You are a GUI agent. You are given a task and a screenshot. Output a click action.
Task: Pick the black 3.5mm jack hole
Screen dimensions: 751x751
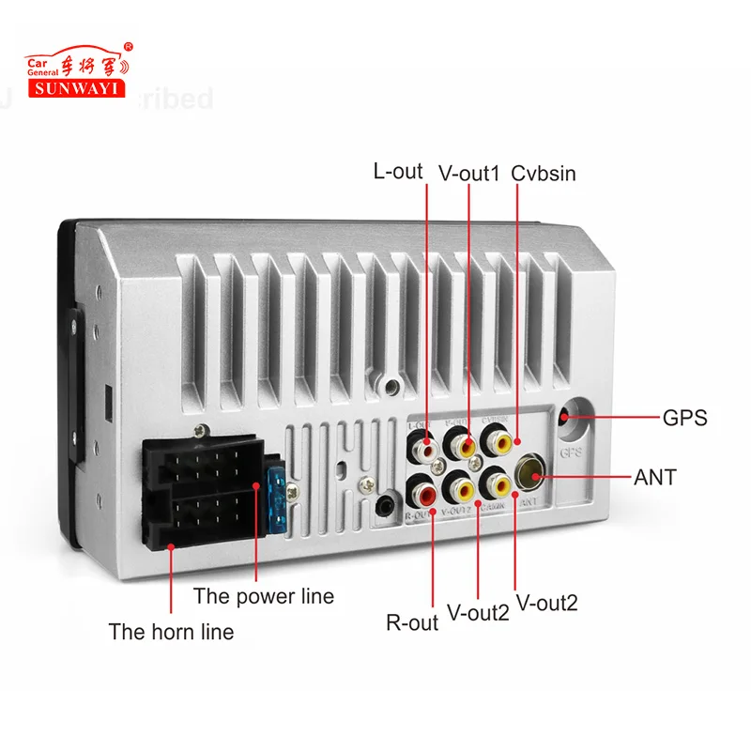pos(383,507)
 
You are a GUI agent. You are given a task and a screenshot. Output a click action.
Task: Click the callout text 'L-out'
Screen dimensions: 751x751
pos(398,171)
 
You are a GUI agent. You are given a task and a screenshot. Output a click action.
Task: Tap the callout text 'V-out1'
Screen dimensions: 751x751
pos(468,173)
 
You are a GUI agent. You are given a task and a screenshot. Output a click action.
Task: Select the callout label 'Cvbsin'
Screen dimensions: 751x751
pos(544,173)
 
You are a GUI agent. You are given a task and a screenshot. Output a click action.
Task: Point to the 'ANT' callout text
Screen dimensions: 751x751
pos(655,477)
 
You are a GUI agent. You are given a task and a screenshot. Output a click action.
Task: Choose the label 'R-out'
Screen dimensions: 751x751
pos(412,621)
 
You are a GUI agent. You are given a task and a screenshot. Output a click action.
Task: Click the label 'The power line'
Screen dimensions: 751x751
pos(263,595)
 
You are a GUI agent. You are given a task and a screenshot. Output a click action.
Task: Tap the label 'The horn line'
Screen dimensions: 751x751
pos(171,631)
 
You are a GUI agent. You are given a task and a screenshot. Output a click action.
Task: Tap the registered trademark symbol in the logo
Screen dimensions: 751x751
pos(129,45)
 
